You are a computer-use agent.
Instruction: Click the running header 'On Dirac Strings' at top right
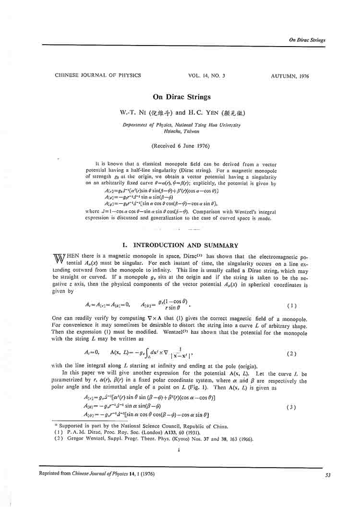pyautogui.click(x=307, y=40)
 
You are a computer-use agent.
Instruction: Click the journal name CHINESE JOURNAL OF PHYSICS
pyautogui.click(x=98, y=76)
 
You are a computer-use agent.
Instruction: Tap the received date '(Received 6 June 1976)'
pyautogui.click(x=180, y=145)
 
